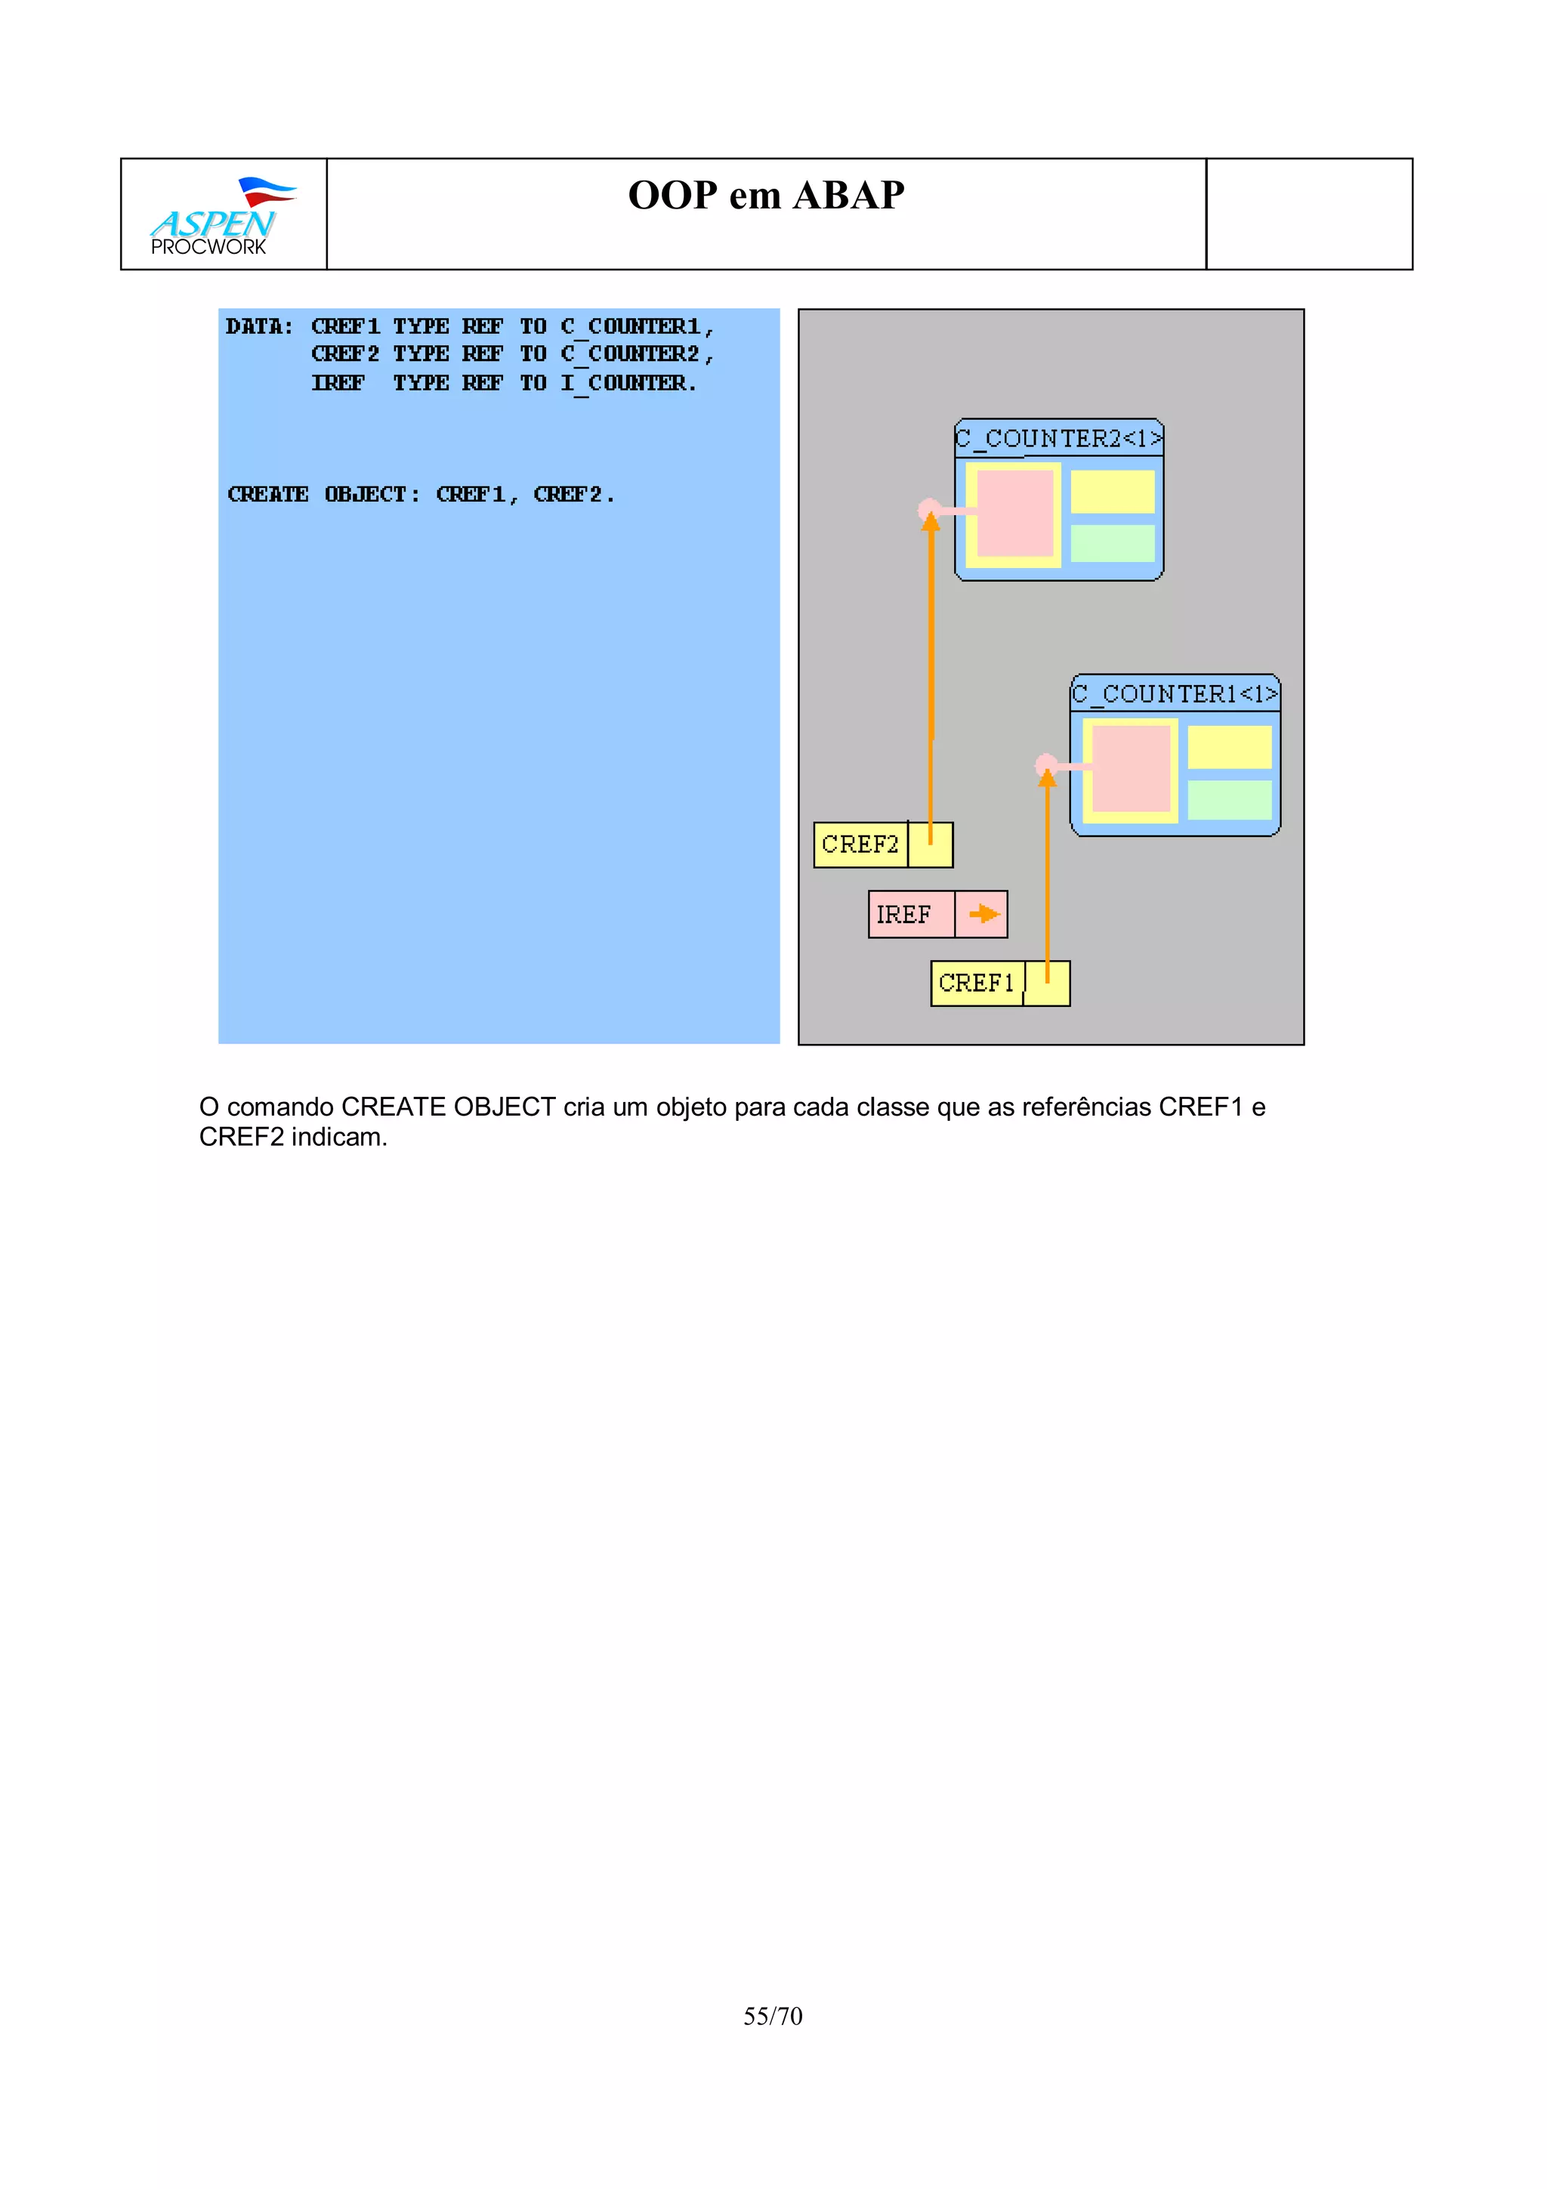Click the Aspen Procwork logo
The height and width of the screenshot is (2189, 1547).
(x=221, y=217)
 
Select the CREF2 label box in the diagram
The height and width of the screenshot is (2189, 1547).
(x=860, y=844)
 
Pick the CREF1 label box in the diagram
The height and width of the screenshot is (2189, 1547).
(x=976, y=983)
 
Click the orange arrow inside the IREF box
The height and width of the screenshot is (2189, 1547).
(x=983, y=914)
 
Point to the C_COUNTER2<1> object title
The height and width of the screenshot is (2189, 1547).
(x=1058, y=439)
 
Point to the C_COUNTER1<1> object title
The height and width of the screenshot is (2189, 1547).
(x=1175, y=694)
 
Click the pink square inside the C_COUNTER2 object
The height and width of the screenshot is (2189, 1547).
(x=1014, y=513)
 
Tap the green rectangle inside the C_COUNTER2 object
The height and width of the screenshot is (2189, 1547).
(x=1111, y=542)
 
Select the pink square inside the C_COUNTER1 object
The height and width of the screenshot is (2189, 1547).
(x=1131, y=768)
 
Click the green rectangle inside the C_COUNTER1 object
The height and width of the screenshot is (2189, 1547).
(x=1229, y=799)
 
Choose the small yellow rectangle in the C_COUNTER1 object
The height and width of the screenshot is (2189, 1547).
(x=1229, y=746)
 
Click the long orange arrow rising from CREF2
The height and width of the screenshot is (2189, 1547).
(x=931, y=668)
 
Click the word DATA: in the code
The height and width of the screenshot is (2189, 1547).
(x=258, y=327)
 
